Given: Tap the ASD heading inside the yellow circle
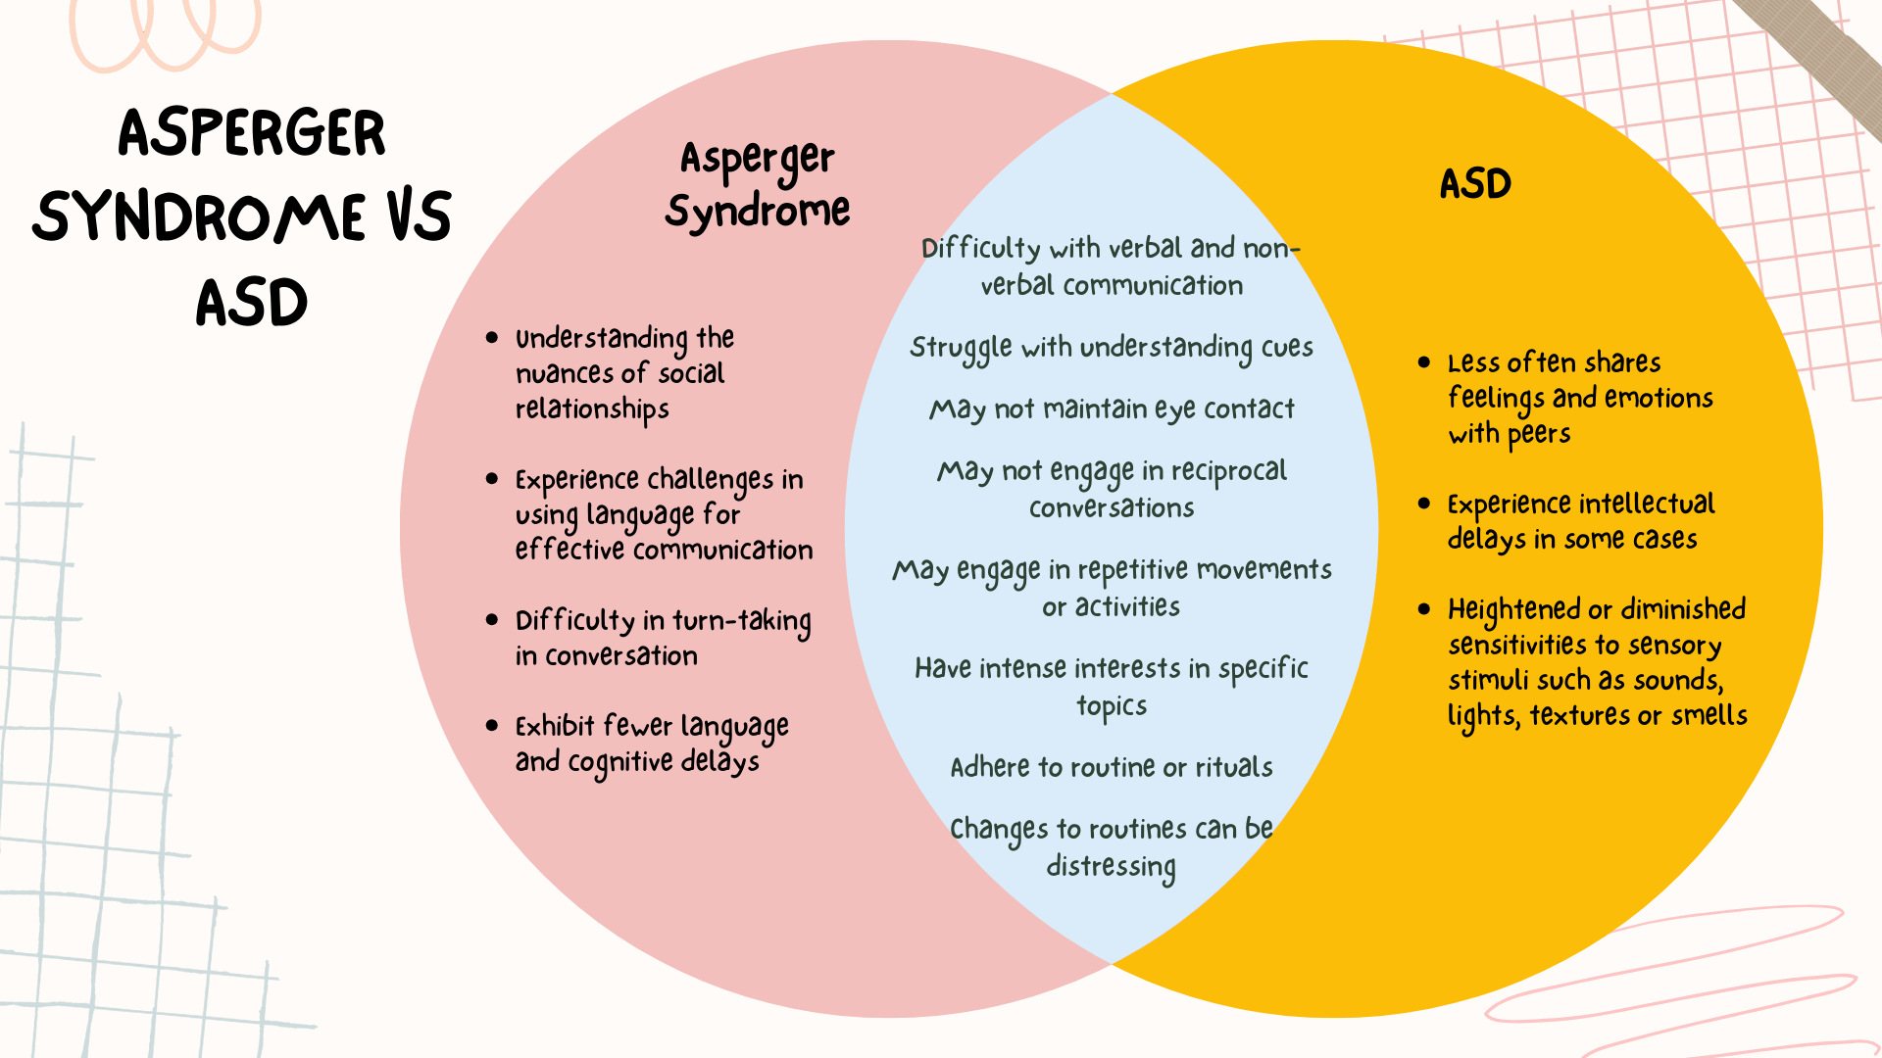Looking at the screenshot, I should tap(1475, 184).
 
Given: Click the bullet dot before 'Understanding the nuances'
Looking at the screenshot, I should tap(492, 338).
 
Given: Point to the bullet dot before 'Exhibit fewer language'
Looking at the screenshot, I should tap(492, 726).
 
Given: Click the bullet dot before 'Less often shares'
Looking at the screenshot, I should tap(1424, 362).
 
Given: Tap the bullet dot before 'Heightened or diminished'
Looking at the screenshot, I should tap(1424, 609).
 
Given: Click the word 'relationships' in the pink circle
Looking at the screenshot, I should tap(592, 409).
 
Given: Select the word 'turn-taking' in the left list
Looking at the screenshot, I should tap(741, 621).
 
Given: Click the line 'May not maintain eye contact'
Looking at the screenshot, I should tap(1112, 409).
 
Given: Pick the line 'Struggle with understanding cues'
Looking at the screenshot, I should tap(1112, 348).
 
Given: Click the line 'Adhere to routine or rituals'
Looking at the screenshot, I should tap(1112, 767).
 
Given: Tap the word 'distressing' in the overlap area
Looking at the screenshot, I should tap(1112, 867).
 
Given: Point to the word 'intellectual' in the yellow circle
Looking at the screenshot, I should tap(1647, 505).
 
